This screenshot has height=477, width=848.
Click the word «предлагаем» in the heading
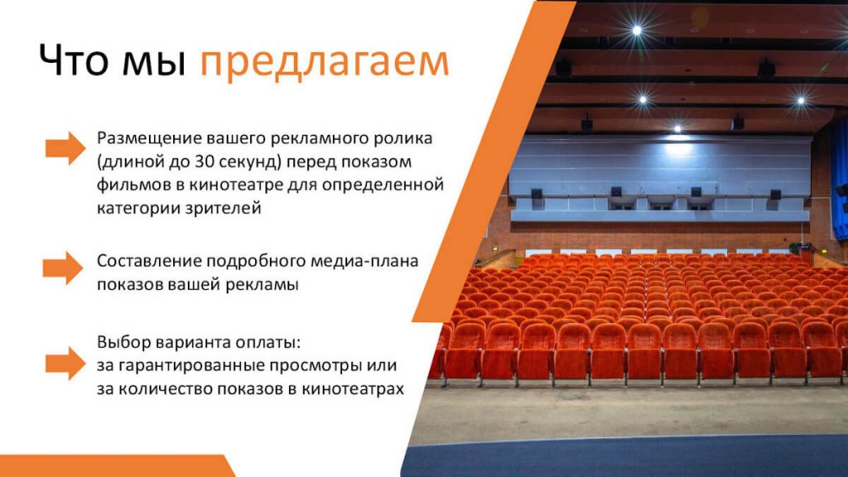click(x=325, y=61)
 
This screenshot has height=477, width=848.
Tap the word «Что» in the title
click(x=74, y=59)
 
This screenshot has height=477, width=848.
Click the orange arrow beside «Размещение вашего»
click(x=65, y=147)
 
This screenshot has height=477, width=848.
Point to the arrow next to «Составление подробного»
click(x=63, y=267)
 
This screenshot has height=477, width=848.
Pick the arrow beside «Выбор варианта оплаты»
click(x=65, y=364)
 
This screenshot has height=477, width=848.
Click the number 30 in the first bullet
click(x=204, y=161)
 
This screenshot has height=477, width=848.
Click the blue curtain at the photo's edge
click(x=840, y=179)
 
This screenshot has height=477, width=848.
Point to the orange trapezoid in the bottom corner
click(x=116, y=465)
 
